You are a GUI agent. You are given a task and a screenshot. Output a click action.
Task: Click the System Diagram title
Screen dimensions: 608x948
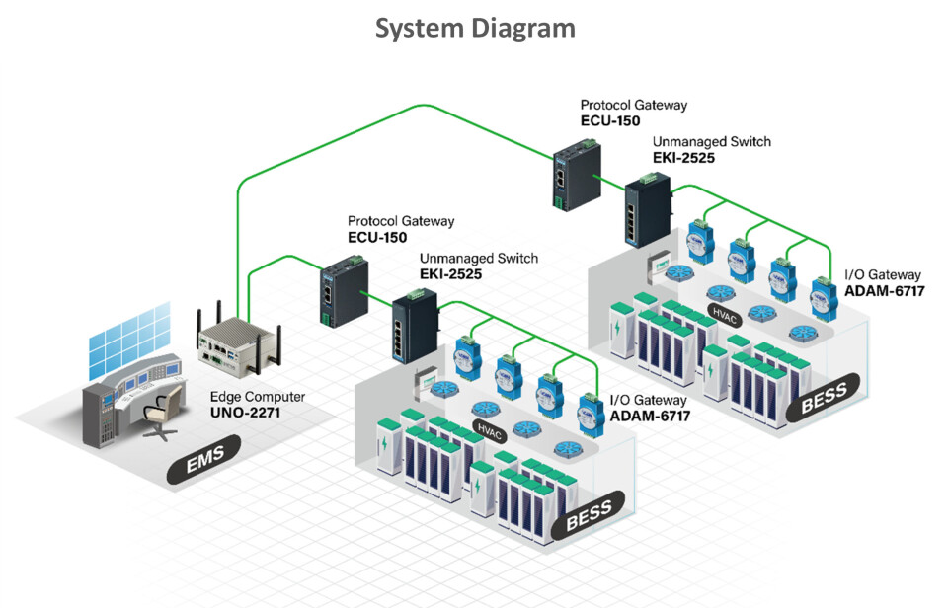coord(474,28)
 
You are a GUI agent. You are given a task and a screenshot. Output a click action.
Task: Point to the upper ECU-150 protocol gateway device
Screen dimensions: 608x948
coord(570,178)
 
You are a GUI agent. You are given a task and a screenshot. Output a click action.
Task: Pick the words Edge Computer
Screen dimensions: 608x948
coord(258,397)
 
